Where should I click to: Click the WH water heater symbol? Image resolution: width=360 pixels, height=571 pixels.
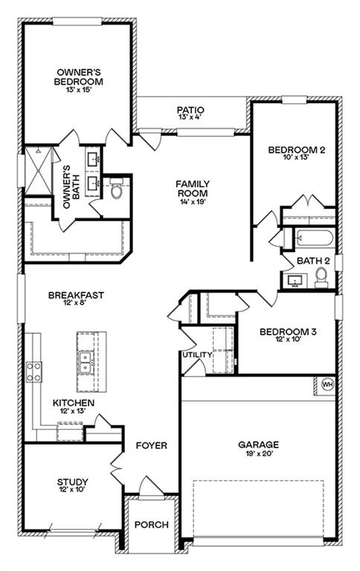[x=327, y=384]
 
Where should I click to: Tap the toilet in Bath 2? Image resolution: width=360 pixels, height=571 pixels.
[x=321, y=277]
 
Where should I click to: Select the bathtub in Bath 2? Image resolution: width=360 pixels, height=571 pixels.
[x=314, y=238]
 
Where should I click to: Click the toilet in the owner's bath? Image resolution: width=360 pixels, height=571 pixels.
[x=116, y=188]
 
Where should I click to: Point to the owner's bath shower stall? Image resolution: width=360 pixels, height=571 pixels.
[x=38, y=170]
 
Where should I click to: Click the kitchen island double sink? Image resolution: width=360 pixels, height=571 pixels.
[x=86, y=362]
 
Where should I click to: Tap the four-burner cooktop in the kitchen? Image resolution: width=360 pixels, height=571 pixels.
[x=33, y=372]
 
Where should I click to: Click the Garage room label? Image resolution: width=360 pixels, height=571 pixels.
[x=258, y=445]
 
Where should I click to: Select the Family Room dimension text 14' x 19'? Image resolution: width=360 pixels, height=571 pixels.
[x=193, y=201]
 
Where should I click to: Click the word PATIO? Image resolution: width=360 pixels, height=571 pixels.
[x=190, y=110]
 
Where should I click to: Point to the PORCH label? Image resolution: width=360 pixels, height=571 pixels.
[x=152, y=525]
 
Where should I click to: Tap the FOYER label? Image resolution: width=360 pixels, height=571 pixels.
[x=151, y=445]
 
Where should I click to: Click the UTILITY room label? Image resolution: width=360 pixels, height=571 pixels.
[x=197, y=355]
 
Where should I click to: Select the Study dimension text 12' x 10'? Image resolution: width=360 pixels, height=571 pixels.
[x=72, y=490]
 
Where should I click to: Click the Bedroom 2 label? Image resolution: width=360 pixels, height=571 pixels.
[x=296, y=149]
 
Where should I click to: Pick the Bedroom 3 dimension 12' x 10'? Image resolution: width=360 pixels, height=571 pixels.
[x=288, y=339]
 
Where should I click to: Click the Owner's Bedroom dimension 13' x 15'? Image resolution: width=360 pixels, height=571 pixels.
[x=78, y=89]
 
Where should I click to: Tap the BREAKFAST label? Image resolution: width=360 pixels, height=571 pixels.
[x=76, y=295]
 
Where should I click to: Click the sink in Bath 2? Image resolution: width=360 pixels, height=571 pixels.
[x=294, y=281]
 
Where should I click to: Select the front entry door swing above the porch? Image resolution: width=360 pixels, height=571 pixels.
[x=152, y=485]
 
